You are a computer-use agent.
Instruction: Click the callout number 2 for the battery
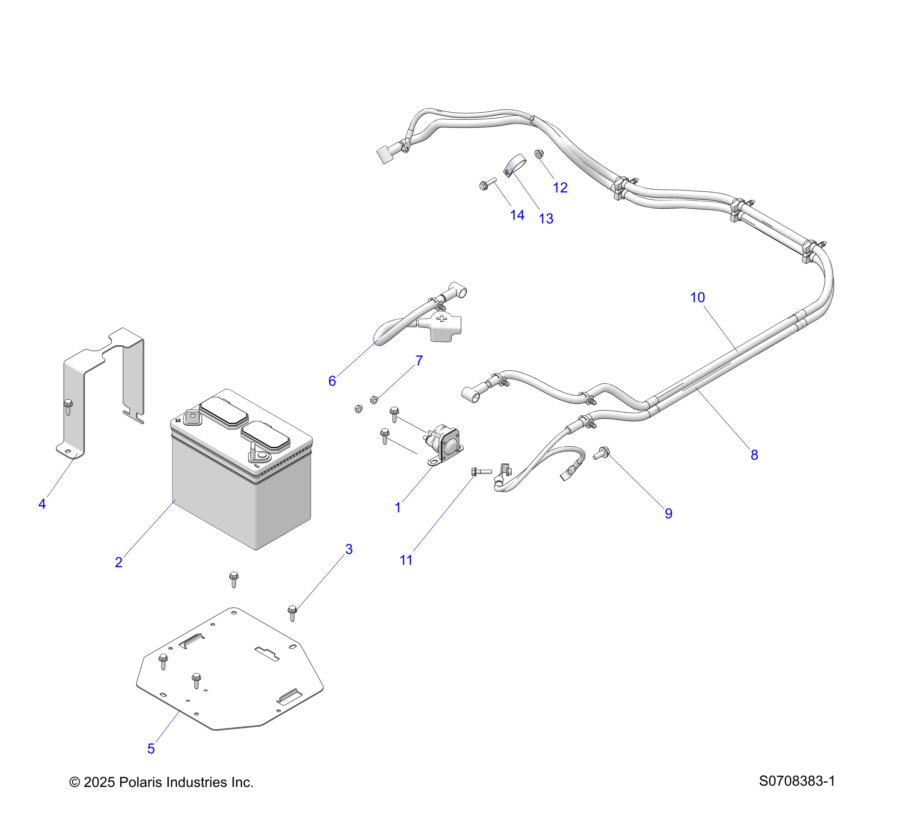point(119,562)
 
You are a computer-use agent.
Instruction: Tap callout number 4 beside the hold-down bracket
point(42,504)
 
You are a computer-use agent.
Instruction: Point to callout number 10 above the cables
point(698,298)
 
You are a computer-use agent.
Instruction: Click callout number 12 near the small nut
point(560,187)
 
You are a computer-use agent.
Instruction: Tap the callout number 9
point(668,514)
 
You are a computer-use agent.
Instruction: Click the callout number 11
point(406,560)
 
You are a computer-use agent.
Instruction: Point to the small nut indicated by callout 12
point(539,154)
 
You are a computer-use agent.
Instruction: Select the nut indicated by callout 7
point(374,400)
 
